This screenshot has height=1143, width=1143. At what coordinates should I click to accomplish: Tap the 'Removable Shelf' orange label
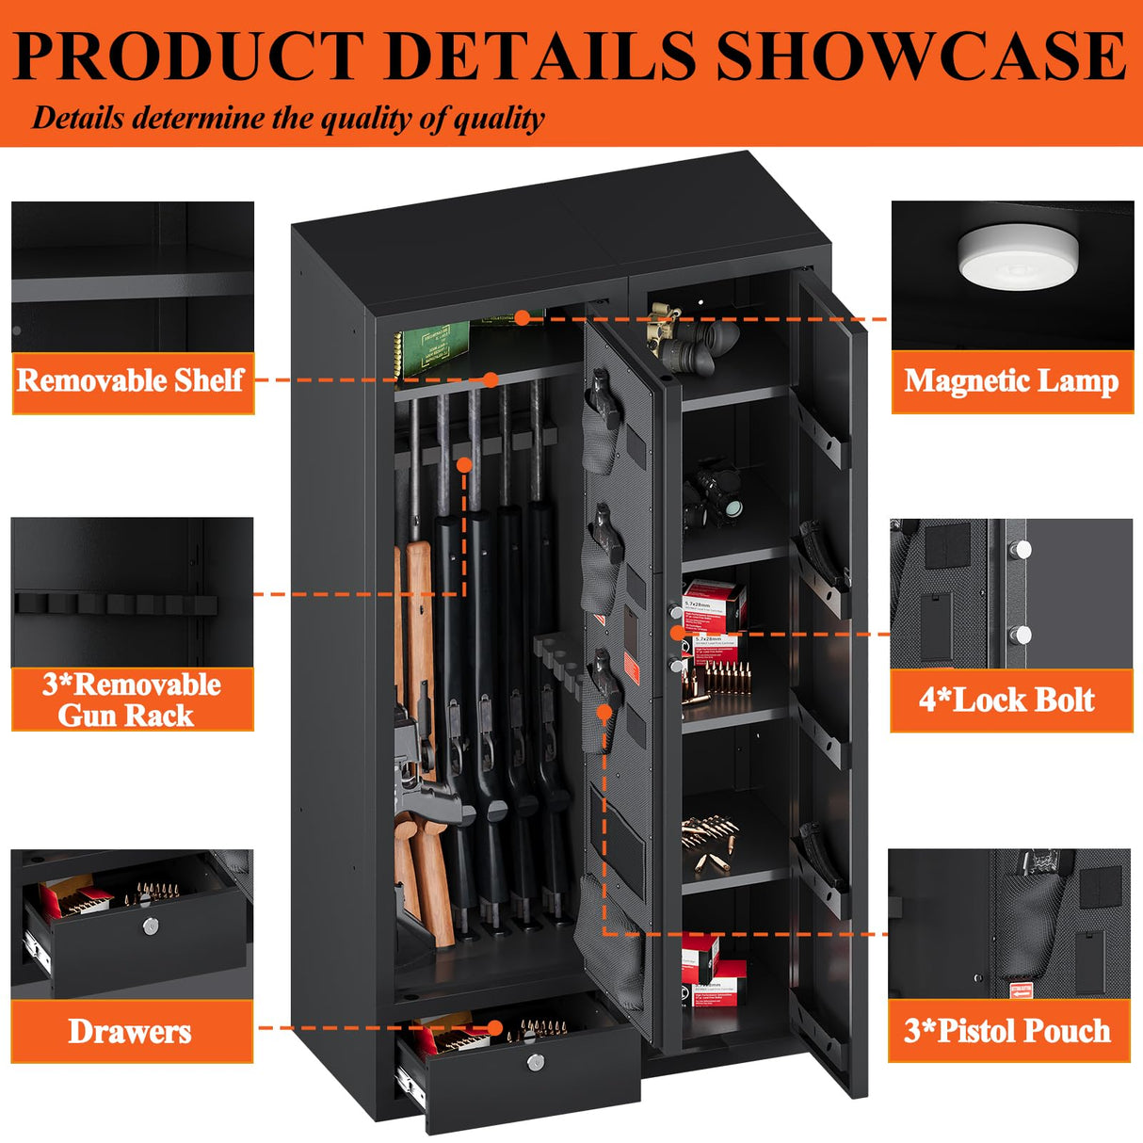point(132,381)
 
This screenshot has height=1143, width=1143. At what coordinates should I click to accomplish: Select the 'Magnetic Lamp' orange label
point(1011,381)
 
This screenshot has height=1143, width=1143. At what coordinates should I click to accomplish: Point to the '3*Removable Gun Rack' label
point(132,700)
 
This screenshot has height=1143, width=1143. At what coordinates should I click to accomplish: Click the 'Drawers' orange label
point(130,1032)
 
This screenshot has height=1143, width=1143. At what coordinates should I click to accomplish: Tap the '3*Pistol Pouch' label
point(1007,1031)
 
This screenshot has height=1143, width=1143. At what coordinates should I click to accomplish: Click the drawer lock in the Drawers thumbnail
point(151,927)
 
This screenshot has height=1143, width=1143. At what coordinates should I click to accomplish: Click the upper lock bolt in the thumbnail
point(1022,550)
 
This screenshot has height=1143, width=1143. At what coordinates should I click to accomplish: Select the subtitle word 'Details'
point(77,119)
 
